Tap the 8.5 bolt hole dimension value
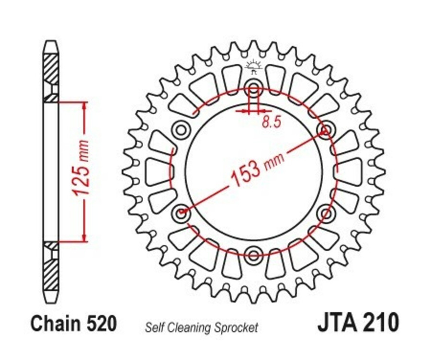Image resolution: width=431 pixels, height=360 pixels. [271, 123]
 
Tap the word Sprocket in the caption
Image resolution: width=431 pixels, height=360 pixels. [238, 328]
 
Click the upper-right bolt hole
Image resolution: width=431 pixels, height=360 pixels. [325, 129]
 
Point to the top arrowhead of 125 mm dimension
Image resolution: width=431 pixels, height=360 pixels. [85, 106]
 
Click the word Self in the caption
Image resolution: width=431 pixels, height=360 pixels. [154, 328]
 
